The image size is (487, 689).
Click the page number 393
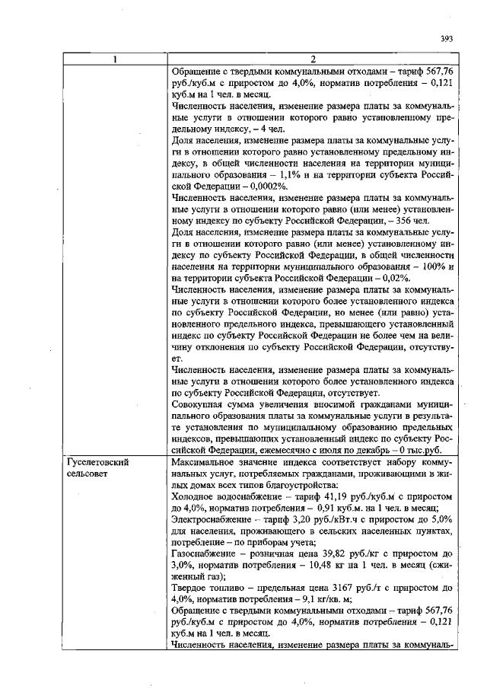click(x=447, y=40)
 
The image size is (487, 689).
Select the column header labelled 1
click(x=114, y=59)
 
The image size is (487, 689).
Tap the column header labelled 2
click(x=314, y=59)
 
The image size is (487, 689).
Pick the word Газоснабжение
click(x=203, y=554)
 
